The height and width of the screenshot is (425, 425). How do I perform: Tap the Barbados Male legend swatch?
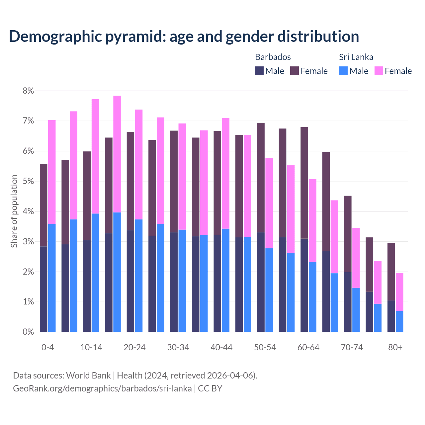click(x=259, y=71)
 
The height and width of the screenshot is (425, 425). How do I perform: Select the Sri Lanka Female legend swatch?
click(x=379, y=71)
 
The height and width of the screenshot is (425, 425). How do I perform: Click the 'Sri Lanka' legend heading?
click(x=356, y=57)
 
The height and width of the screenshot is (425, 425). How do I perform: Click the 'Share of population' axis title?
click(x=14, y=211)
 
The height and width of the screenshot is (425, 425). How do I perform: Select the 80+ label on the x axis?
click(x=395, y=347)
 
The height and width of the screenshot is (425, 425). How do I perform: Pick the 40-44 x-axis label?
click(x=221, y=347)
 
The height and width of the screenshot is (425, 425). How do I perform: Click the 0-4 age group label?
click(x=47, y=347)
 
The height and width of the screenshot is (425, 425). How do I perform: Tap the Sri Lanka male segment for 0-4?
click(x=52, y=278)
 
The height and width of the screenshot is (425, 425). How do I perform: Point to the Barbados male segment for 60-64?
click(x=304, y=285)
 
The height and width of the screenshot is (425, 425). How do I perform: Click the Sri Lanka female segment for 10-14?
click(x=95, y=156)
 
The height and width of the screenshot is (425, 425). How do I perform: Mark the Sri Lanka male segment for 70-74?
click(x=356, y=310)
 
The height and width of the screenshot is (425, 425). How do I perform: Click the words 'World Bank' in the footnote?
click(x=88, y=376)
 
